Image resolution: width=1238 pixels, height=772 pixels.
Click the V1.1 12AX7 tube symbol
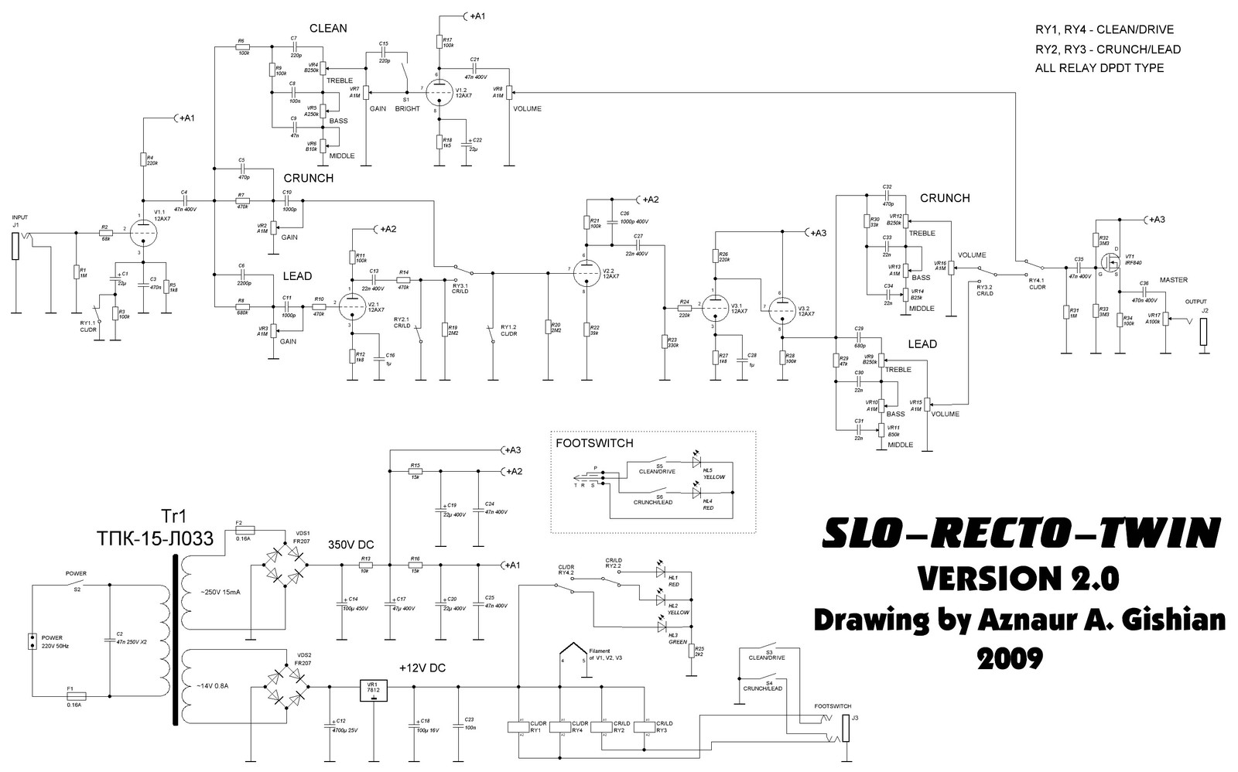coord(142,231)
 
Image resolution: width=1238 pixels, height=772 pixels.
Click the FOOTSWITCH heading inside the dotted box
coord(593,443)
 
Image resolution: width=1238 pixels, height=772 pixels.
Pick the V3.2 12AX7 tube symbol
coord(783,309)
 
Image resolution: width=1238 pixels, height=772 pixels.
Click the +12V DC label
coord(422,667)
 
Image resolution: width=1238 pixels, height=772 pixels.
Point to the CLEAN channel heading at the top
coord(328,29)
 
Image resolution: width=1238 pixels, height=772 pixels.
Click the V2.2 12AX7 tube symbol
coord(587,271)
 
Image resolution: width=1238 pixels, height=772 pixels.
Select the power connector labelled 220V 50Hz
coord(33,643)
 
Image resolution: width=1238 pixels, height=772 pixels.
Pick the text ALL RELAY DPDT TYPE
coord(1099,68)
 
